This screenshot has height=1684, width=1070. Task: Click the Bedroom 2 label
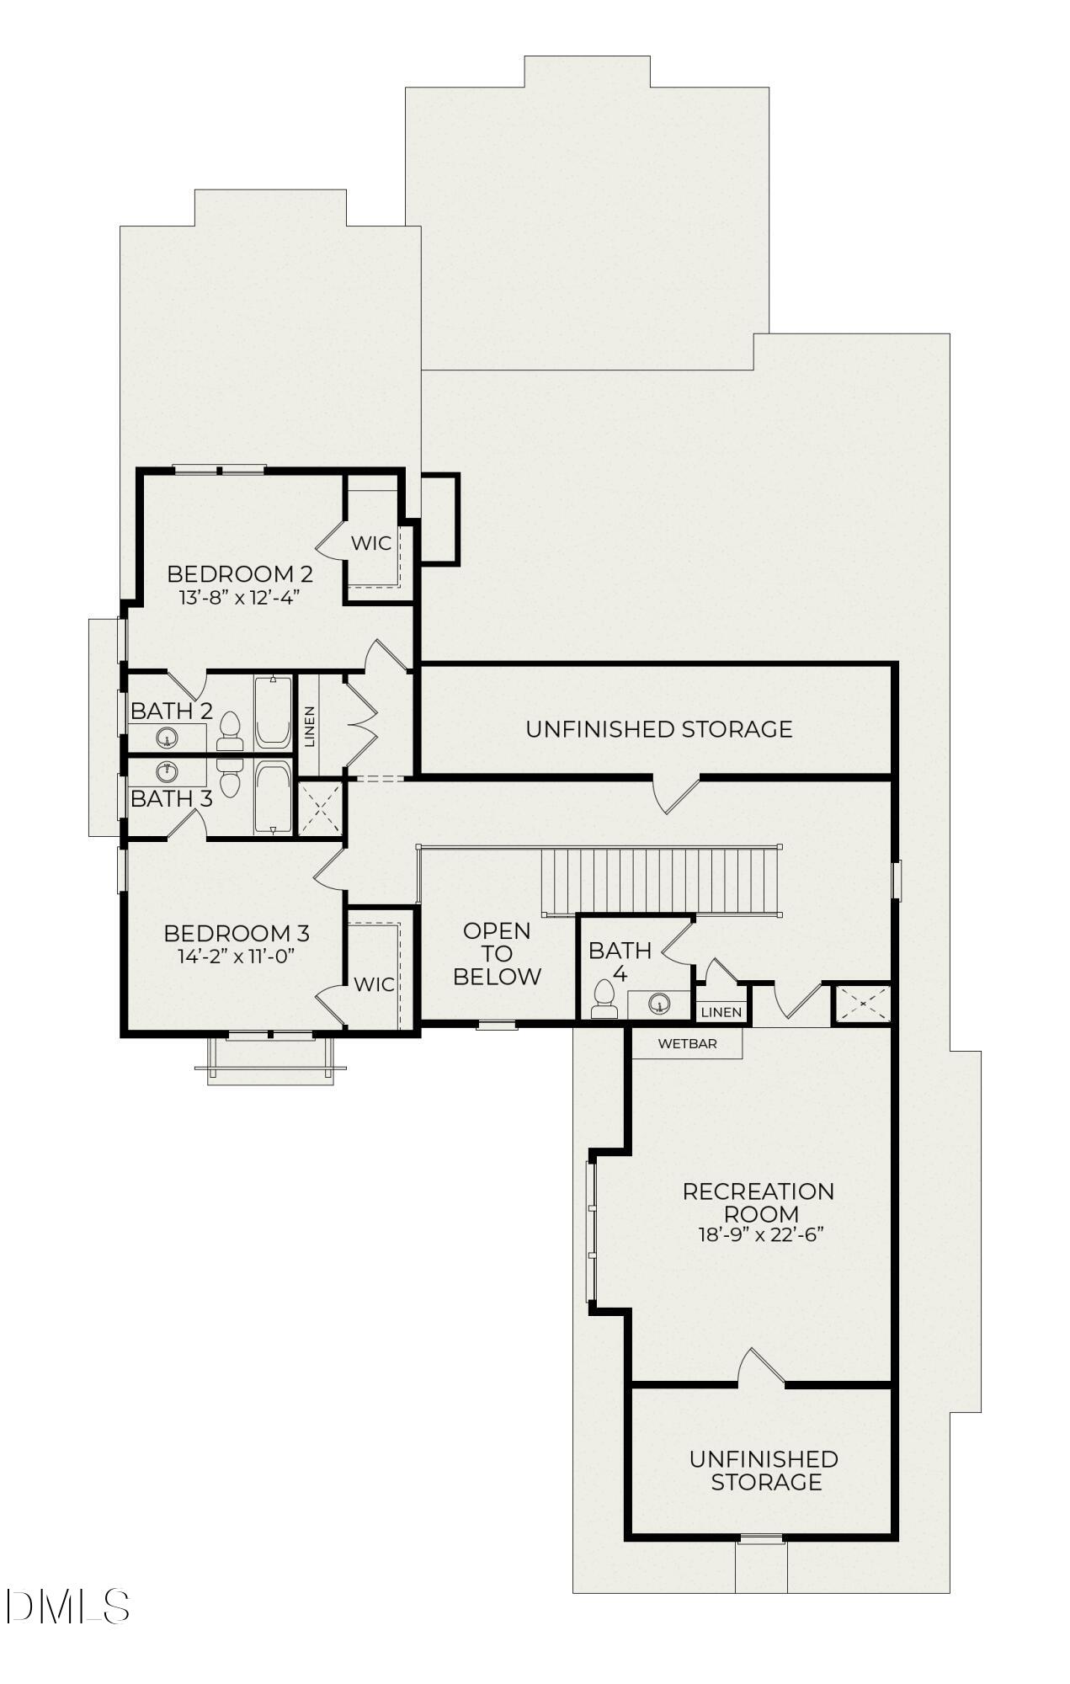click(240, 574)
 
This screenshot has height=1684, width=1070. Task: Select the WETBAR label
click(687, 1044)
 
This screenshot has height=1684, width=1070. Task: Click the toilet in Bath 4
click(603, 999)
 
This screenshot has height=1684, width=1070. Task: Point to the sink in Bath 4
click(660, 1004)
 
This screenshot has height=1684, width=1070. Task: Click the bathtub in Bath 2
click(273, 712)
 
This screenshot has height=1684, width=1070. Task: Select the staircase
click(661, 881)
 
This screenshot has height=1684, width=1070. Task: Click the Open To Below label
click(497, 954)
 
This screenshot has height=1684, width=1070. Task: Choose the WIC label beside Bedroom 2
click(371, 543)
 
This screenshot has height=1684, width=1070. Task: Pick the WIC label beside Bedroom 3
click(374, 984)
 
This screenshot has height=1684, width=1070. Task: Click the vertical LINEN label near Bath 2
click(309, 727)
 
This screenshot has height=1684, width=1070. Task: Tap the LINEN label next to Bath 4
click(721, 1012)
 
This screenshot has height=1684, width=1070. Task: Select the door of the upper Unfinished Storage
click(678, 794)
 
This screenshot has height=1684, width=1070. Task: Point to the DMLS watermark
click(67, 1606)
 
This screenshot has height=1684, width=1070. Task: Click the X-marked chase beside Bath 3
click(322, 808)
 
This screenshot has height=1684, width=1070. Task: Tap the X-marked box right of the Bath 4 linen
click(861, 1004)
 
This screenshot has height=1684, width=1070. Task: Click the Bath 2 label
click(171, 711)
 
